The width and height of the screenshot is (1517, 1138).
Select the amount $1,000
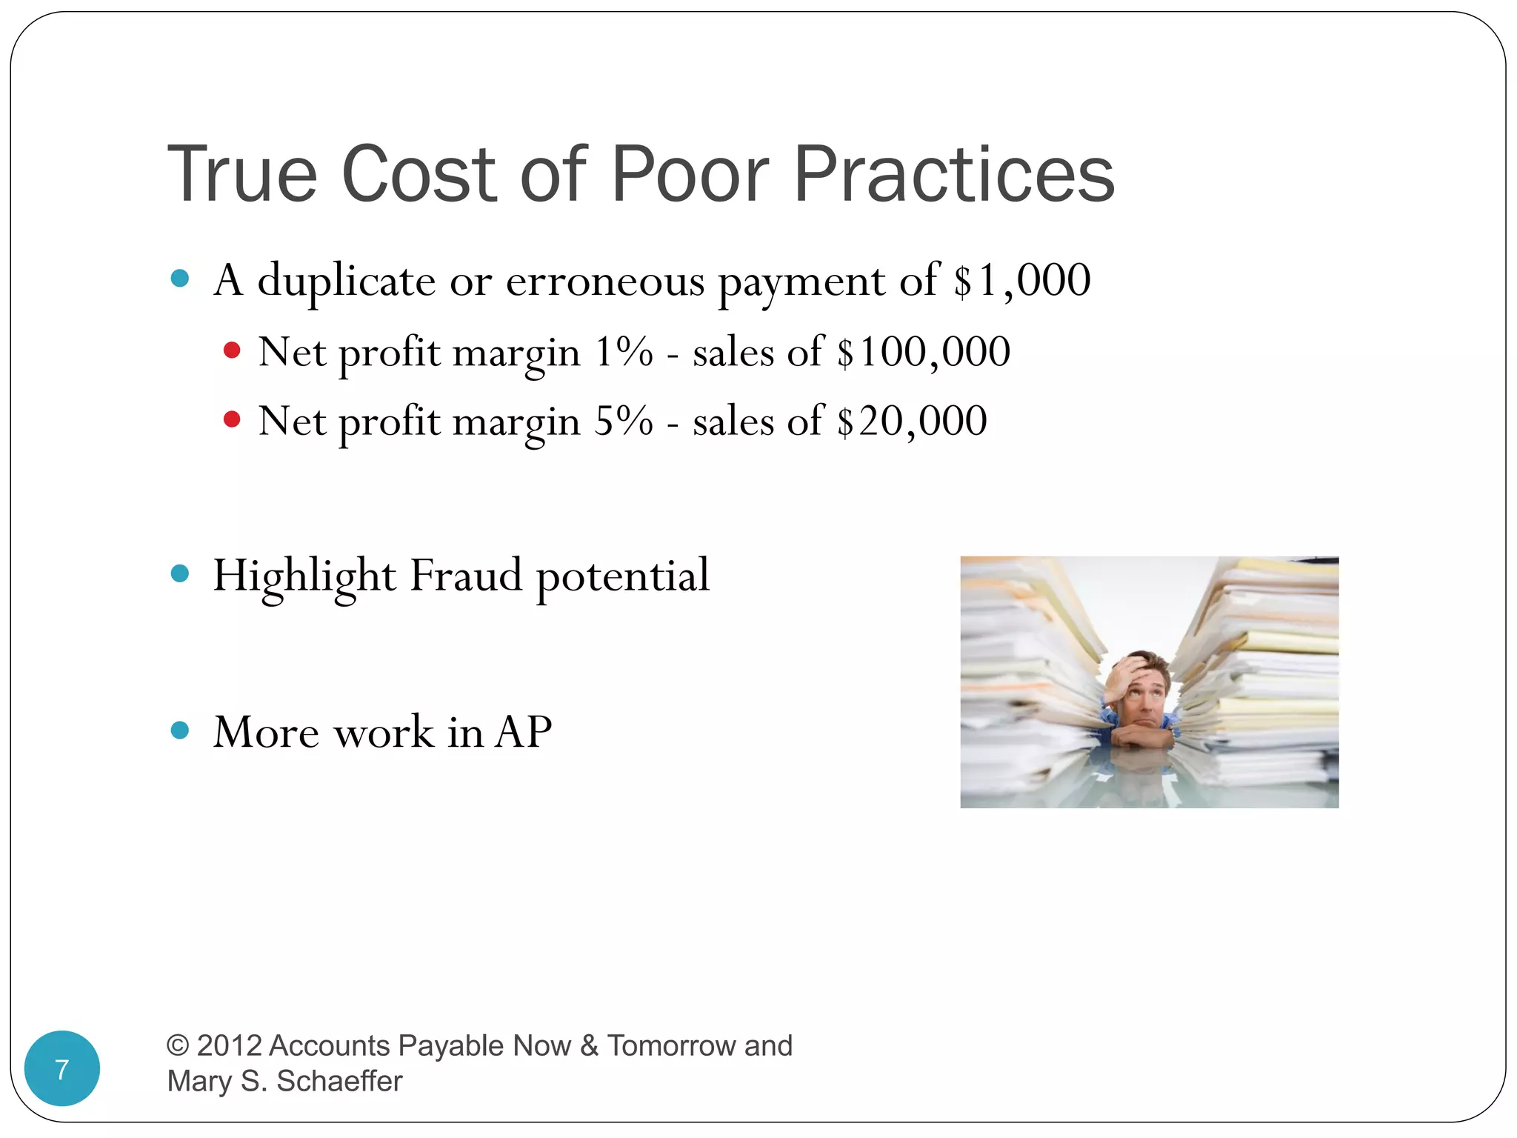coord(1022,281)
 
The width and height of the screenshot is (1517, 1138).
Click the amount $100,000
coord(924,352)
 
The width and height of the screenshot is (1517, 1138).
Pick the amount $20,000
coord(912,422)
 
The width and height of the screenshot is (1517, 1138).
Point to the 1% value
coord(624,352)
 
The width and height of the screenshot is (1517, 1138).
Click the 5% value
coord(624,422)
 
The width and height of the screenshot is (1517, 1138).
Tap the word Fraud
coord(466,576)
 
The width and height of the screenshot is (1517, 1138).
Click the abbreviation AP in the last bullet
coord(523,733)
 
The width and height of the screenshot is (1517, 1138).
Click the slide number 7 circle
coord(62,1068)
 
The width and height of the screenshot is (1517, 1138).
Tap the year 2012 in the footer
coord(229,1045)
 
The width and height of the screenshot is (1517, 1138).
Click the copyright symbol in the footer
coord(178,1045)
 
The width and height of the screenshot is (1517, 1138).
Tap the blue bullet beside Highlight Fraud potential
coord(179,573)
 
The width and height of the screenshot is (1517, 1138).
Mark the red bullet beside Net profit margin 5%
coord(232,419)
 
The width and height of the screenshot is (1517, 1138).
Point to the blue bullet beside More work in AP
coord(179,731)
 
